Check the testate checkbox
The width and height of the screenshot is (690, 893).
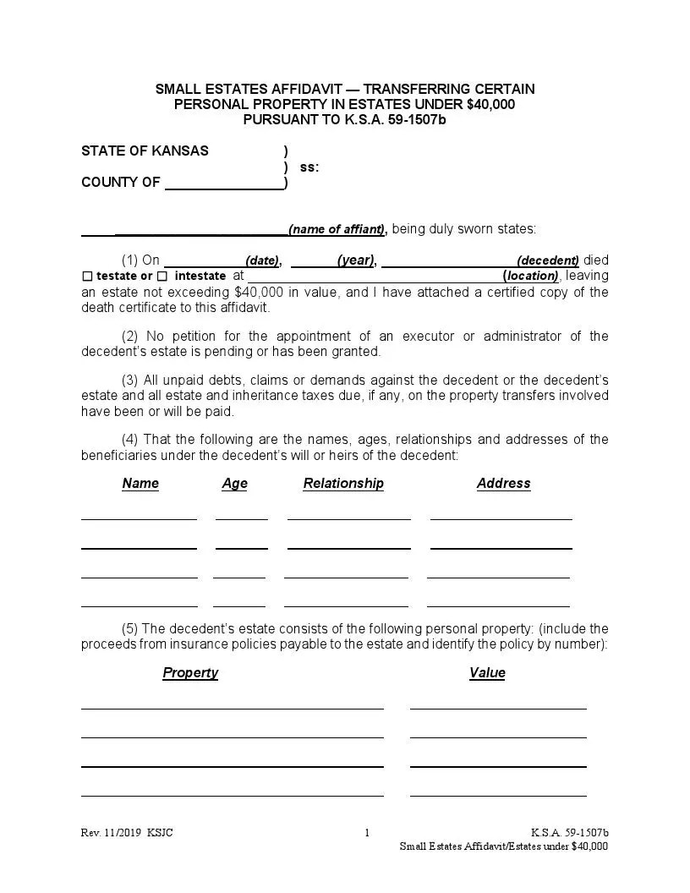point(88,277)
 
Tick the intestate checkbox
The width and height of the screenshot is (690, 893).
point(162,277)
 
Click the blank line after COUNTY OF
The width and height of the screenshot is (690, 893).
point(224,183)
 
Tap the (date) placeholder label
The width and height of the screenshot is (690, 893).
point(262,260)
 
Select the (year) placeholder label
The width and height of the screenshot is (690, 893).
point(355,260)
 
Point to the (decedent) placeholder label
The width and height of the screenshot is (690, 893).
point(548,260)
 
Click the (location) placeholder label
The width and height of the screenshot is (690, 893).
point(531,276)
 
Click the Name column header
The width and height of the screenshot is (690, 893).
point(140,484)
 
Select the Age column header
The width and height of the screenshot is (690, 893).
point(234,484)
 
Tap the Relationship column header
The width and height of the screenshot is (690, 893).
point(343,484)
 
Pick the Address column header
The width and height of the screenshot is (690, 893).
point(503,484)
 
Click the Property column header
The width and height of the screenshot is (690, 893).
point(190,673)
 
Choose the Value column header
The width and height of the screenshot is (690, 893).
point(487,673)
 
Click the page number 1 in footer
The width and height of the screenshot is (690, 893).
point(367,833)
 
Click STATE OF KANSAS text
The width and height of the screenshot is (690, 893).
point(145,151)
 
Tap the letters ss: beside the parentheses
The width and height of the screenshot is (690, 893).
point(309,167)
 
